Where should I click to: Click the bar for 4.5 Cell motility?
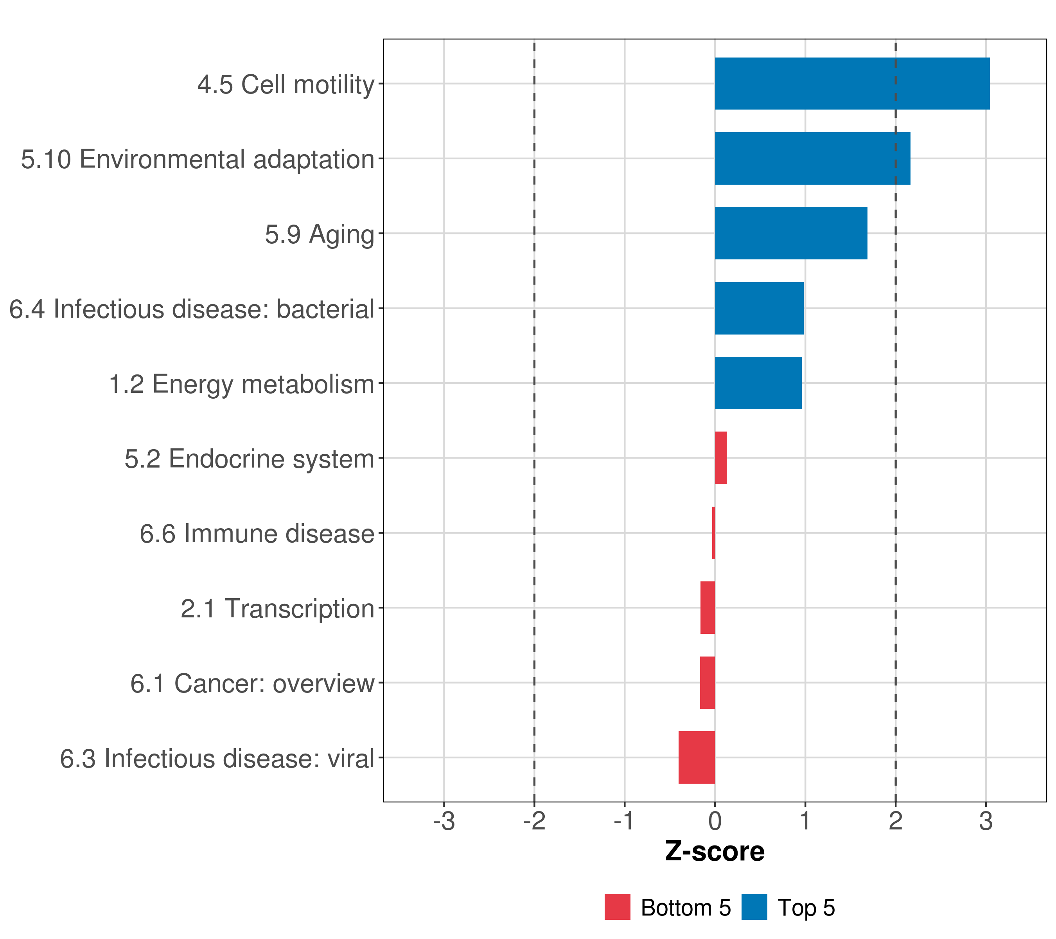point(852,84)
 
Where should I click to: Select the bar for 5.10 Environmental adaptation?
point(812,159)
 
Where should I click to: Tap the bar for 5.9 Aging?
point(790,233)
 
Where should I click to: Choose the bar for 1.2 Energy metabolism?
point(758,383)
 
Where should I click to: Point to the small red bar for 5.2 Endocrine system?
point(721,458)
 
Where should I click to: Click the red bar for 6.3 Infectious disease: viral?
point(697,757)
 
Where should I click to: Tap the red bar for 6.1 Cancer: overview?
point(707,683)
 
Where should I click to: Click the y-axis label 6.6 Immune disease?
point(257,533)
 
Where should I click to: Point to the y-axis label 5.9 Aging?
point(319,234)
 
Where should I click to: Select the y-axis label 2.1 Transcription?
point(277,608)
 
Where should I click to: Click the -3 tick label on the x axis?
point(444,821)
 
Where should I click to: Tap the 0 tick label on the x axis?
point(715,821)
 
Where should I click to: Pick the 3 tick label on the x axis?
point(986,821)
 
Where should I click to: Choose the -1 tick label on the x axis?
point(624,821)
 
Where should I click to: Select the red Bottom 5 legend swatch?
point(618,907)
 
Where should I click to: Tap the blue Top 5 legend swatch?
point(754,907)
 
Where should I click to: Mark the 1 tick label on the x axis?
point(805,821)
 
